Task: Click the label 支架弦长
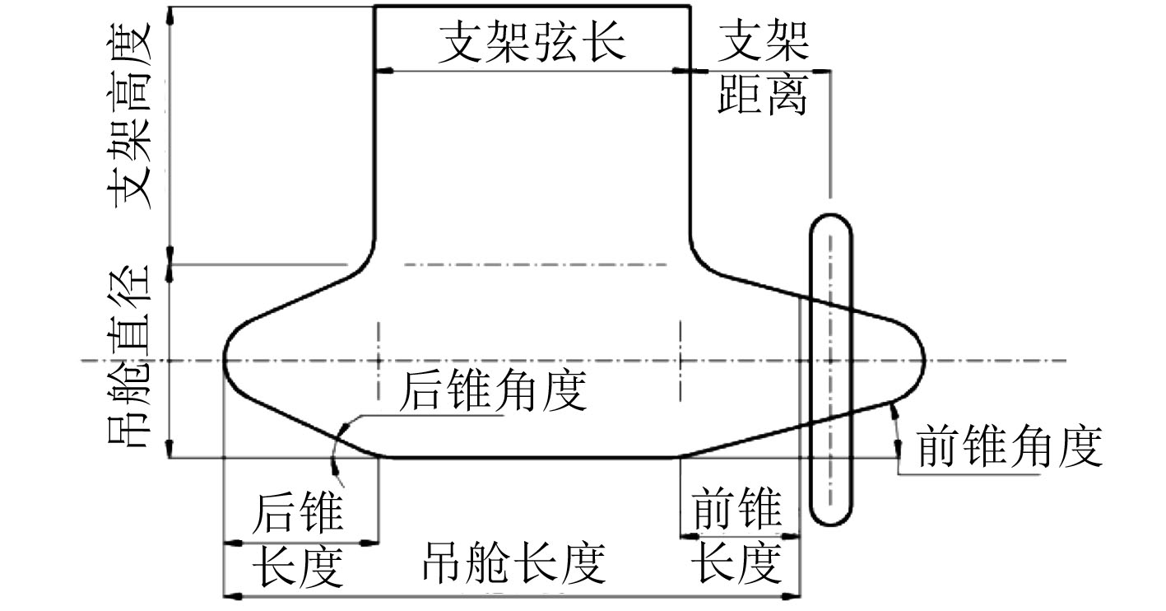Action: pyautogui.click(x=532, y=41)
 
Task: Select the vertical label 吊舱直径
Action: pyautogui.click(x=128, y=356)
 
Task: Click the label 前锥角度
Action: pyautogui.click(x=1008, y=447)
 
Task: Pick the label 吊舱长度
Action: pyautogui.click(x=513, y=564)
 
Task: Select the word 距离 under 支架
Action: pyautogui.click(x=762, y=97)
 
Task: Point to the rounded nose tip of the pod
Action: pyautogui.click(x=923, y=360)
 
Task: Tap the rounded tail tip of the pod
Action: pyautogui.click(x=226, y=360)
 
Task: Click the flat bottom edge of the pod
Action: pyautogui.click(x=527, y=456)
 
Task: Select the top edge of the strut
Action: pyautogui.click(x=532, y=7)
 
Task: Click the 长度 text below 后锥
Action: pyautogui.click(x=297, y=566)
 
